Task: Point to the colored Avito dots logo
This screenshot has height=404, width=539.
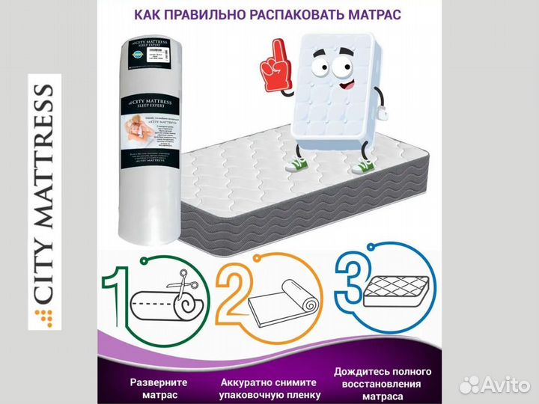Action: tap(469, 385)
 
